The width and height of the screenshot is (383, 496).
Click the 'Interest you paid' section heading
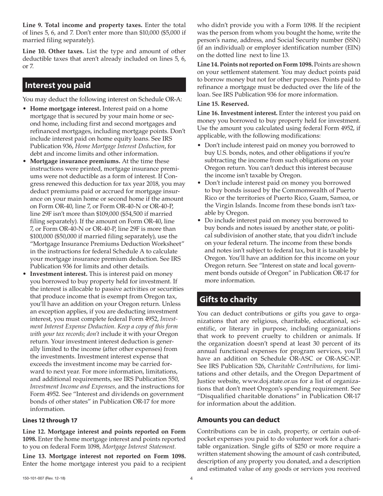(x=58, y=85)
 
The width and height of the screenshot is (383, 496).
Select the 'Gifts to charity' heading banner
(x=229, y=300)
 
